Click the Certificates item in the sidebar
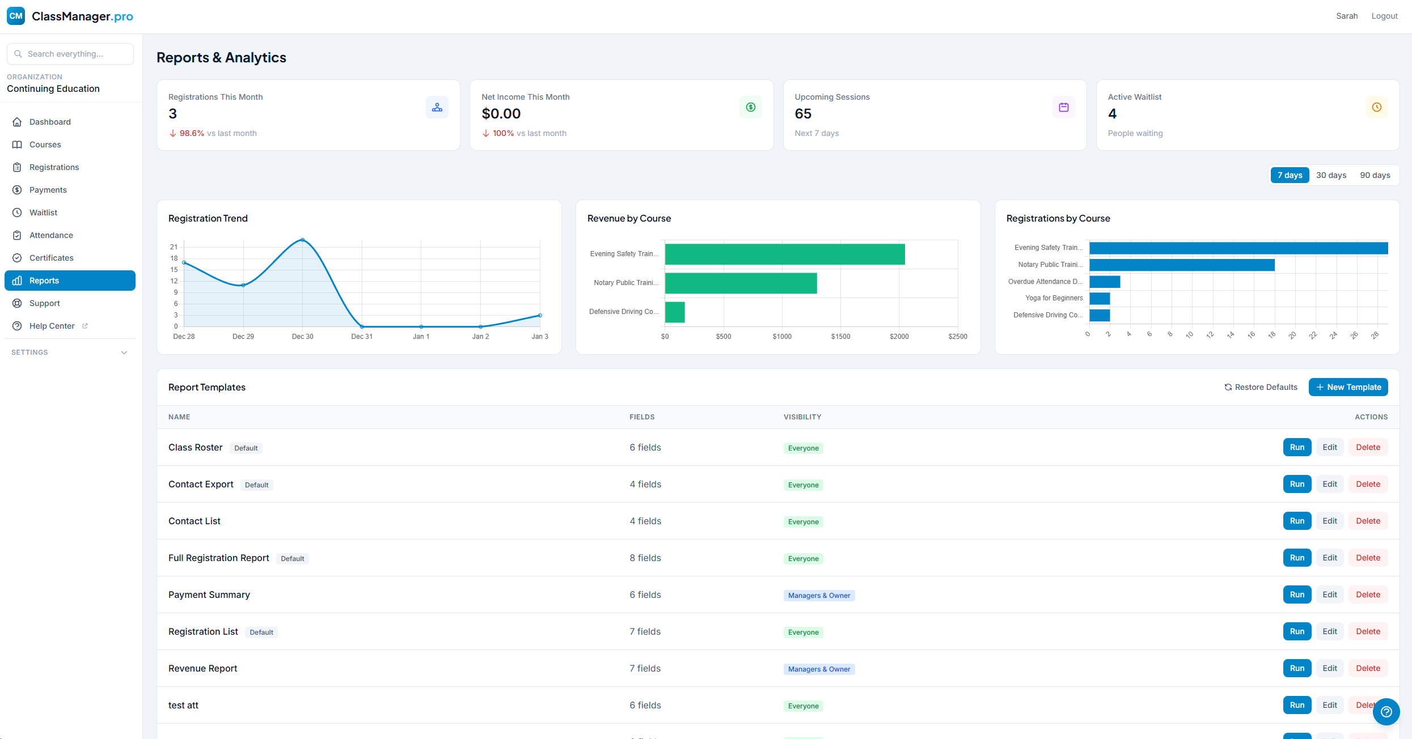click(x=51, y=258)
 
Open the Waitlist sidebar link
click(x=43, y=213)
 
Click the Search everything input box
click(x=70, y=54)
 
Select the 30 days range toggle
click(x=1330, y=175)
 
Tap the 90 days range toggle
click(x=1375, y=175)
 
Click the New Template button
click(x=1348, y=387)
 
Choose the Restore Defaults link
click(x=1261, y=387)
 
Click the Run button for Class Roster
click(x=1297, y=447)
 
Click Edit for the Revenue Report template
click(x=1329, y=668)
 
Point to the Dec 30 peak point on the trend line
click(x=302, y=240)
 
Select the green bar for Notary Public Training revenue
click(x=740, y=283)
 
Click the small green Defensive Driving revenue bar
click(x=674, y=312)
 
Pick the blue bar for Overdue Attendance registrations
click(x=1104, y=282)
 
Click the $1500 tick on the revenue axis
click(x=840, y=337)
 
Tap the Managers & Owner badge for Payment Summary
click(x=818, y=595)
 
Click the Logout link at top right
click(x=1384, y=16)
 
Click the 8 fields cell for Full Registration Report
click(x=645, y=558)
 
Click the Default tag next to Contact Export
click(x=256, y=485)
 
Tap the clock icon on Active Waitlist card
click(x=1376, y=107)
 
